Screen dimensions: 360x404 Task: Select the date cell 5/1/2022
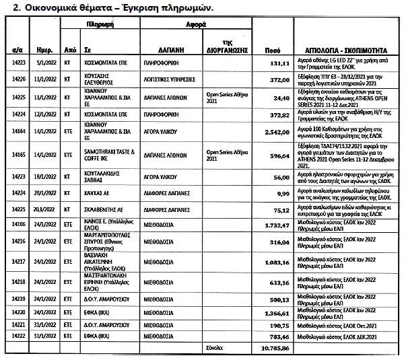coord(44,64)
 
